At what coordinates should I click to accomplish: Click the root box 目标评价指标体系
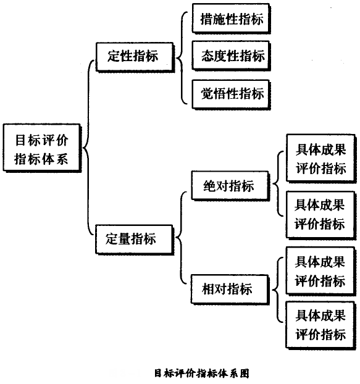click(x=42, y=149)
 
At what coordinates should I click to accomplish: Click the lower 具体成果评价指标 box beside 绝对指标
click(x=320, y=214)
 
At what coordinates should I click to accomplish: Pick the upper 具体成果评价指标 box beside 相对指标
click(x=320, y=272)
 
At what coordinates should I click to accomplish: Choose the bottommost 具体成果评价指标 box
click(x=320, y=325)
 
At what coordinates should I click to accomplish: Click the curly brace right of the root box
click(x=87, y=149)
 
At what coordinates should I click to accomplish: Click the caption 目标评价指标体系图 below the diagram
click(x=201, y=373)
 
